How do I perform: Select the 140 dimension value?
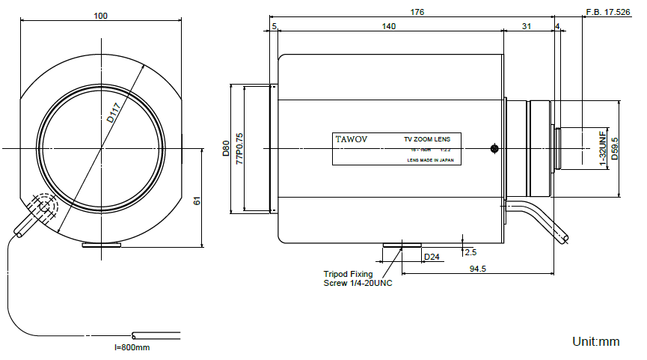[x=388, y=26]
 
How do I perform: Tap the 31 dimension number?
[x=527, y=26]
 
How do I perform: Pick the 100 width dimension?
[x=101, y=15]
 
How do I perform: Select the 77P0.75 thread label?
[x=239, y=148]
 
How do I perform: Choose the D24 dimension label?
[x=432, y=257]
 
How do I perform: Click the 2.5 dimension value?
[x=470, y=252]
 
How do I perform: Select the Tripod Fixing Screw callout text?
[x=358, y=278]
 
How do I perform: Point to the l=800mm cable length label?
[x=132, y=347]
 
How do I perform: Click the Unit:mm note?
[x=595, y=341]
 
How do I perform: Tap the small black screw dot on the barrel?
[x=494, y=148]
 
